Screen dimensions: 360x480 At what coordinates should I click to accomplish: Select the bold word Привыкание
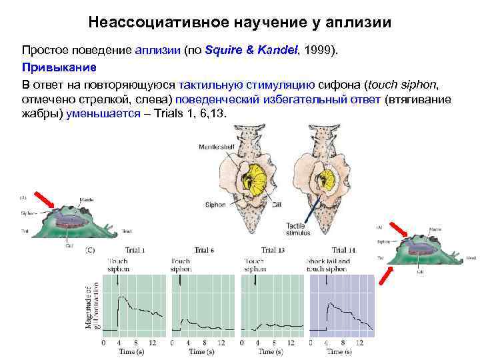tap(59, 67)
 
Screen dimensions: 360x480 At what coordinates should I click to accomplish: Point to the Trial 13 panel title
tap(273, 250)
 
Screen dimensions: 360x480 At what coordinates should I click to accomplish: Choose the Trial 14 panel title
tap(342, 250)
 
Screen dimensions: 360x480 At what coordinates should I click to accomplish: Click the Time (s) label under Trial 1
tap(128, 351)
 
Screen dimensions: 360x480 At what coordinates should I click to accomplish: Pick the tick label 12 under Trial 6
tap(223, 342)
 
